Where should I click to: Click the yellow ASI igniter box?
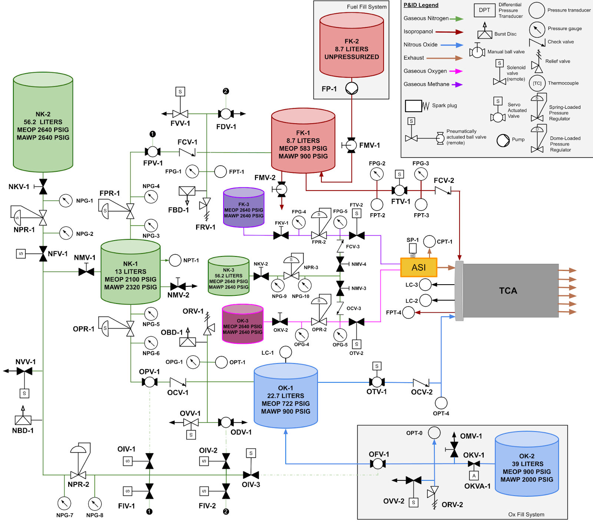click(x=419, y=267)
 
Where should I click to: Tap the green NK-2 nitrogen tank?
click(x=43, y=122)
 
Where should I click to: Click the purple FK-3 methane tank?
click(x=244, y=208)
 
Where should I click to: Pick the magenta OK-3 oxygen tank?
click(x=242, y=324)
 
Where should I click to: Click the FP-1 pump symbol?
click(x=352, y=88)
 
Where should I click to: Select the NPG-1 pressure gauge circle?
click(x=66, y=201)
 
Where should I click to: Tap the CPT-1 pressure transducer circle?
click(x=429, y=241)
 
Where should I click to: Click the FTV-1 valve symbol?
click(x=399, y=190)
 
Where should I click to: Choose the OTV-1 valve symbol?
click(x=377, y=382)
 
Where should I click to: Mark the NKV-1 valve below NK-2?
click(x=43, y=187)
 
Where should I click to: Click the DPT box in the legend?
click(x=484, y=10)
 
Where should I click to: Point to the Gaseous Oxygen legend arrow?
click(x=456, y=71)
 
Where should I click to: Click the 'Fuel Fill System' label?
click(x=367, y=7)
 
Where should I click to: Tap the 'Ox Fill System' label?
click(x=526, y=514)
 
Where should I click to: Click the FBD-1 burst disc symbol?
click(x=187, y=191)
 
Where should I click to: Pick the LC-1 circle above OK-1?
click(x=285, y=352)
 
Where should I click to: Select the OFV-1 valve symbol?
click(x=378, y=463)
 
